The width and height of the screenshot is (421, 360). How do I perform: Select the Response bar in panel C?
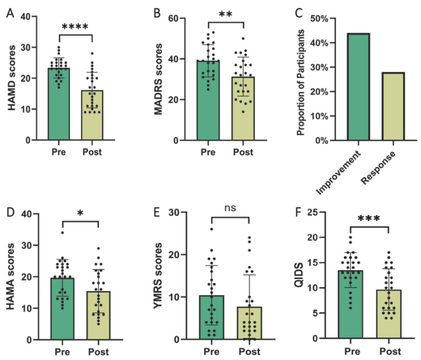point(382,106)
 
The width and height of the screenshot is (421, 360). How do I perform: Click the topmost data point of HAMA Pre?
point(62,232)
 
